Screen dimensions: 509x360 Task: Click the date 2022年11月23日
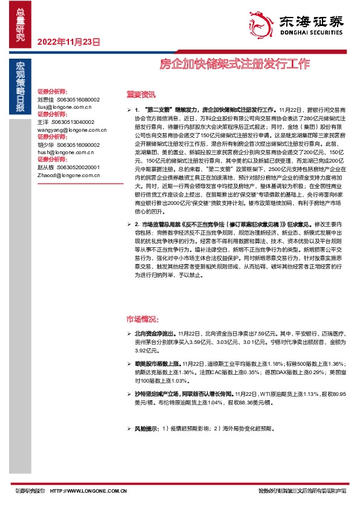point(68,42)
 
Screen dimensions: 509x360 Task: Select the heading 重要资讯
point(140,94)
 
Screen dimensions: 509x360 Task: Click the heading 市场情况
point(142,319)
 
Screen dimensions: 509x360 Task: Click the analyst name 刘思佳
point(45,99)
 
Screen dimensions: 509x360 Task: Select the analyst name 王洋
point(42,122)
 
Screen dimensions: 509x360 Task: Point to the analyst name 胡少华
point(45,145)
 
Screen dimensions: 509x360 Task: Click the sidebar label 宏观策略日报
point(20,87)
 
